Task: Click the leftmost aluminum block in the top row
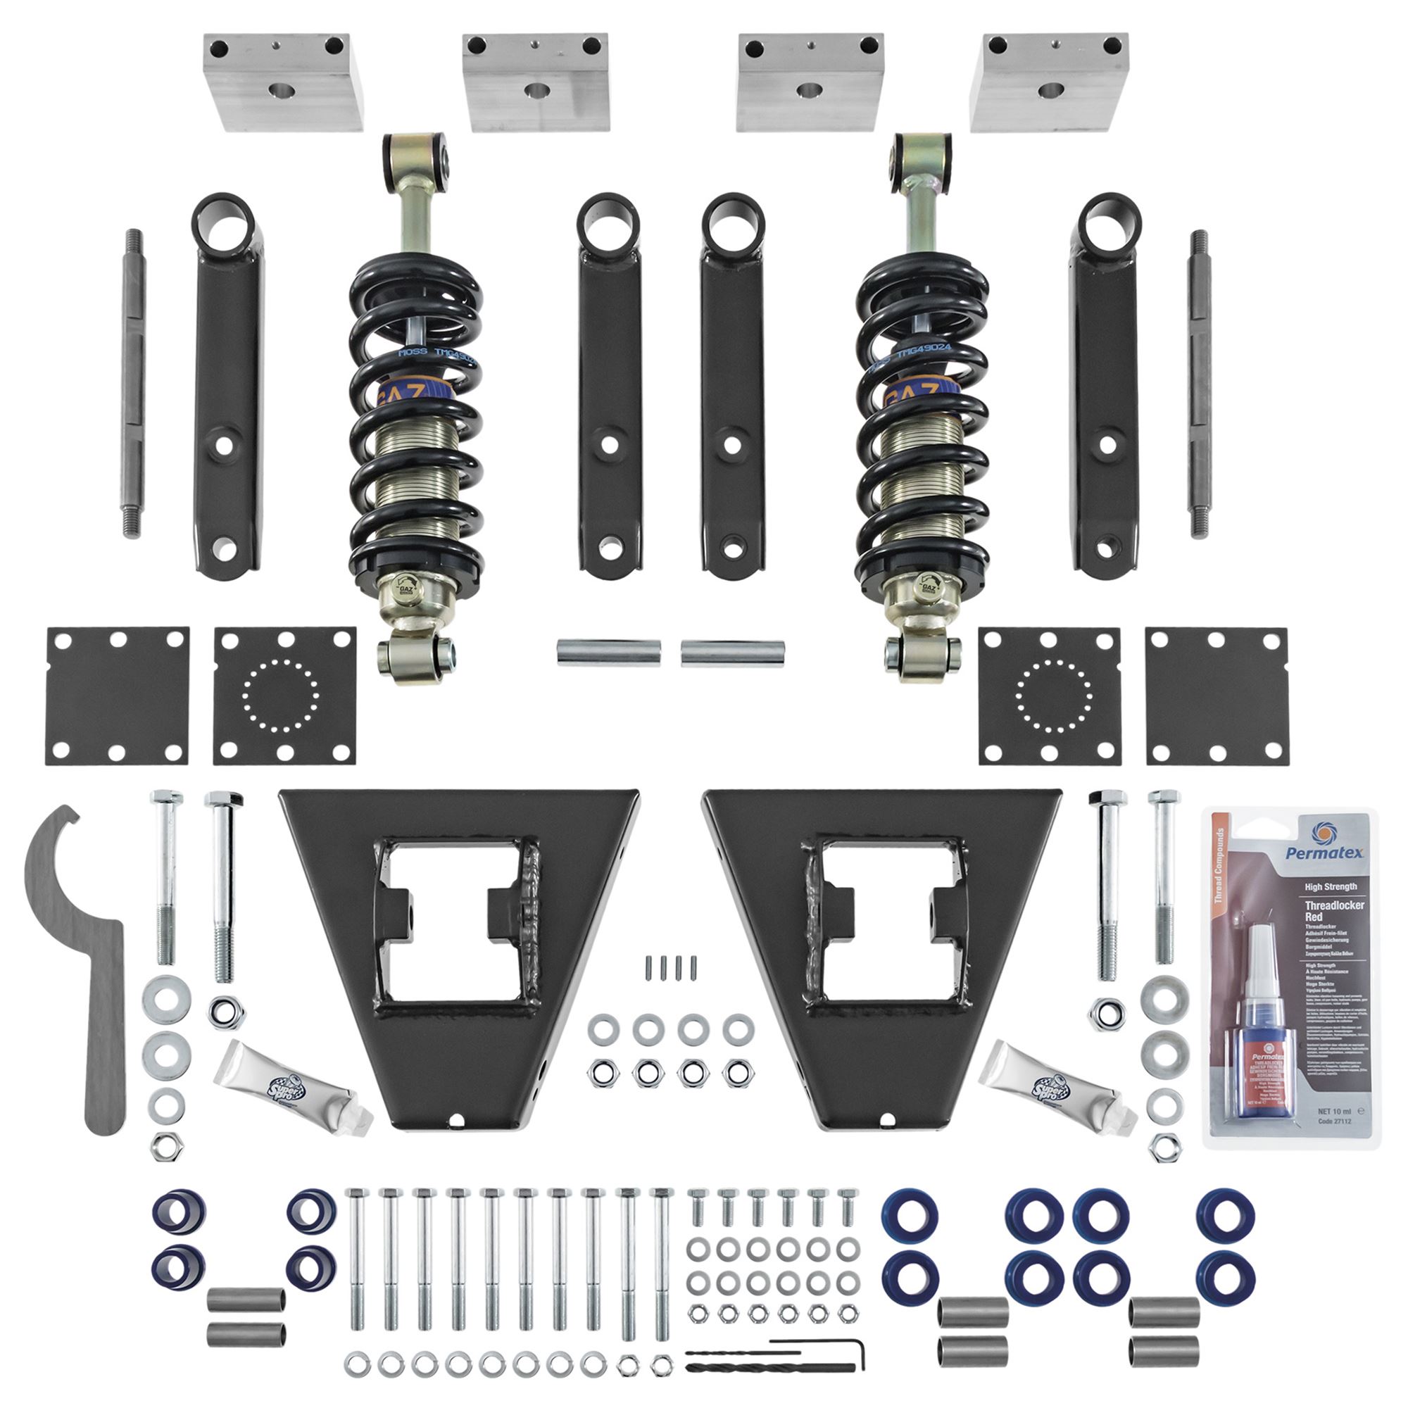(x=283, y=82)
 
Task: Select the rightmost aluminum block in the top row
(x=1050, y=82)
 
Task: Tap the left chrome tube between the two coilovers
(x=609, y=653)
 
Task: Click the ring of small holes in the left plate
(x=281, y=696)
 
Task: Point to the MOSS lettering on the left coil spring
(x=413, y=353)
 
